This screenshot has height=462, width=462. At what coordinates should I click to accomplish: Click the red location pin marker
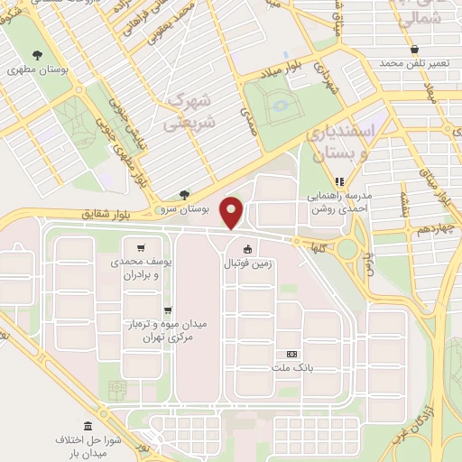(x=232, y=212)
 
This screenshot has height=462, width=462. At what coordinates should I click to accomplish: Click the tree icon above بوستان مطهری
(x=36, y=53)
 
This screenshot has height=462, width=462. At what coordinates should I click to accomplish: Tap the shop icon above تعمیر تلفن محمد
(x=414, y=49)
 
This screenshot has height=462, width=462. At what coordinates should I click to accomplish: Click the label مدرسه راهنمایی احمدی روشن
(x=340, y=201)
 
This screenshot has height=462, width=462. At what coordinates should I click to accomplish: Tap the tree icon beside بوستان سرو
(x=184, y=194)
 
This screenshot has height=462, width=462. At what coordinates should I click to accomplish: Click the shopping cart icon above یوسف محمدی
(x=140, y=247)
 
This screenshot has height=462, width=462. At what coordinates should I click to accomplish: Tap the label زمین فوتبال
(x=247, y=264)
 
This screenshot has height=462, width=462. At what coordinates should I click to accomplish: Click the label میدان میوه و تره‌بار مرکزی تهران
(x=164, y=329)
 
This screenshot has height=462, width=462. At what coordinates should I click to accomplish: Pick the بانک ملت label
(x=291, y=369)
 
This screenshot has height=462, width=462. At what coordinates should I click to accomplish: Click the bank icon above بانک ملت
(x=291, y=355)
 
